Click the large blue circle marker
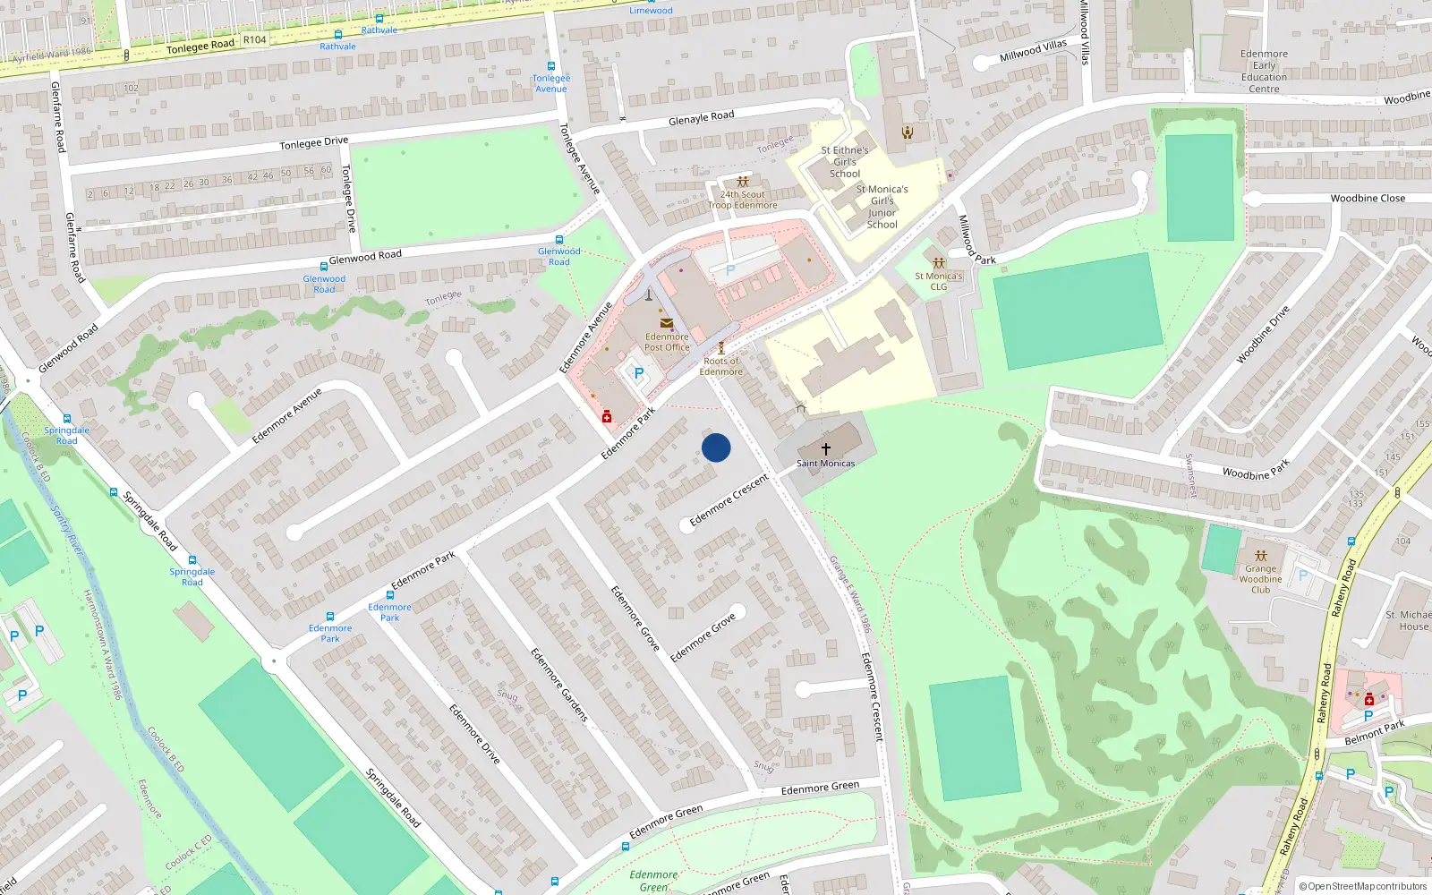[716, 447]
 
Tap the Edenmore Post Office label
[667, 342]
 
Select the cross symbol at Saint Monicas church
[825, 447]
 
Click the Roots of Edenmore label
[720, 366]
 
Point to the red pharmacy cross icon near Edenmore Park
[607, 416]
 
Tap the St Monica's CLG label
[938, 281]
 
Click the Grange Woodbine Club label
[1260, 579]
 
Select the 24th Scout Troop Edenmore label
[742, 200]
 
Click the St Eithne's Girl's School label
[844, 162]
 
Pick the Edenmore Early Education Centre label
[1264, 71]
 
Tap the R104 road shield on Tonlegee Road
[254, 39]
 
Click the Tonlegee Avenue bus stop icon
[551, 66]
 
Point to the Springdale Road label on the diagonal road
[150, 521]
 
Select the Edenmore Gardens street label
[559, 685]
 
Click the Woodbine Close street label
[1367, 198]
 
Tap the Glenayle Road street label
[701, 118]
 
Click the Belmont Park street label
[1374, 732]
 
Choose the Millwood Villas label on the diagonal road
[1033, 50]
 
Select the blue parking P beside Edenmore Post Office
[638, 373]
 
